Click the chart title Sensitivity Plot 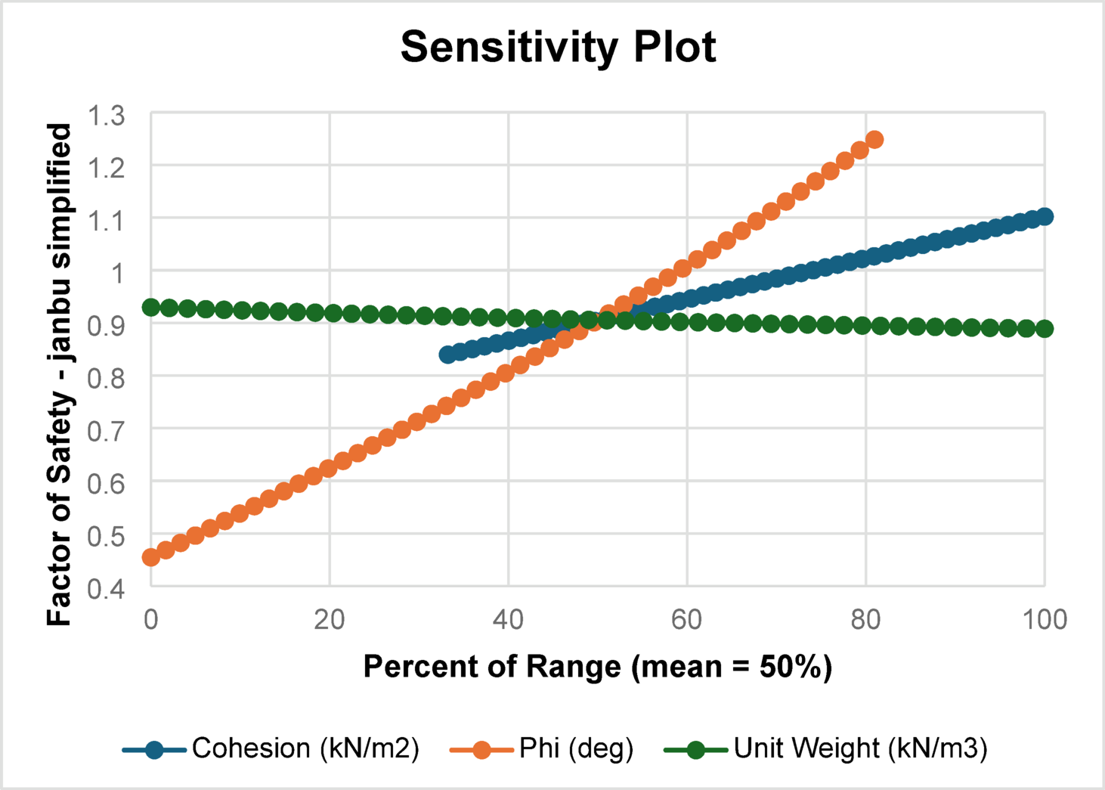click(558, 47)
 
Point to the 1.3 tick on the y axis click(107, 116)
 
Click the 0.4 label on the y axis click(107, 588)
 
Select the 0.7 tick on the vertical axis click(107, 431)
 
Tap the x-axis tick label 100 click(1045, 620)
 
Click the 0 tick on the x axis click(151, 620)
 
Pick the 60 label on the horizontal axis click(686, 620)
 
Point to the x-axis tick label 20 click(330, 620)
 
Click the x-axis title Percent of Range click(597, 667)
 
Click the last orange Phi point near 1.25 click(874, 140)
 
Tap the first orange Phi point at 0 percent click(151, 557)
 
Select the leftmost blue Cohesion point click(448, 355)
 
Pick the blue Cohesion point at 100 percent click(1045, 217)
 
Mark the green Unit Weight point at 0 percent click(151, 307)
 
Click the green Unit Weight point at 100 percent click(1045, 329)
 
